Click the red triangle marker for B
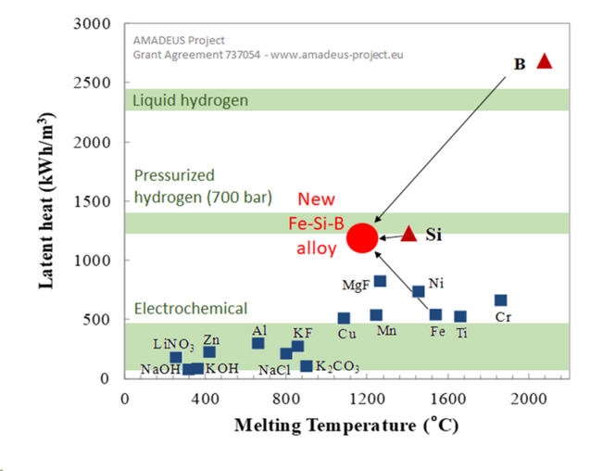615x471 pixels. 545,61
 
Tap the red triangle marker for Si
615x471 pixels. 408,233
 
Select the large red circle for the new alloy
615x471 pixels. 362,237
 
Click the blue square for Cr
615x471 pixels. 500,300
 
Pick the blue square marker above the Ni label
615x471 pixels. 418,291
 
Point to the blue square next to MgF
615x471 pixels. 380,281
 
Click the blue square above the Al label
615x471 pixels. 257,343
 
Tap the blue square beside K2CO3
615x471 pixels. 307,366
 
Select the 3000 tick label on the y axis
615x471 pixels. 95,24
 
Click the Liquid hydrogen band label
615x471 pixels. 191,100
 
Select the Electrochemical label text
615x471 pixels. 190,308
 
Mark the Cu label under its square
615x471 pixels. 346,334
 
